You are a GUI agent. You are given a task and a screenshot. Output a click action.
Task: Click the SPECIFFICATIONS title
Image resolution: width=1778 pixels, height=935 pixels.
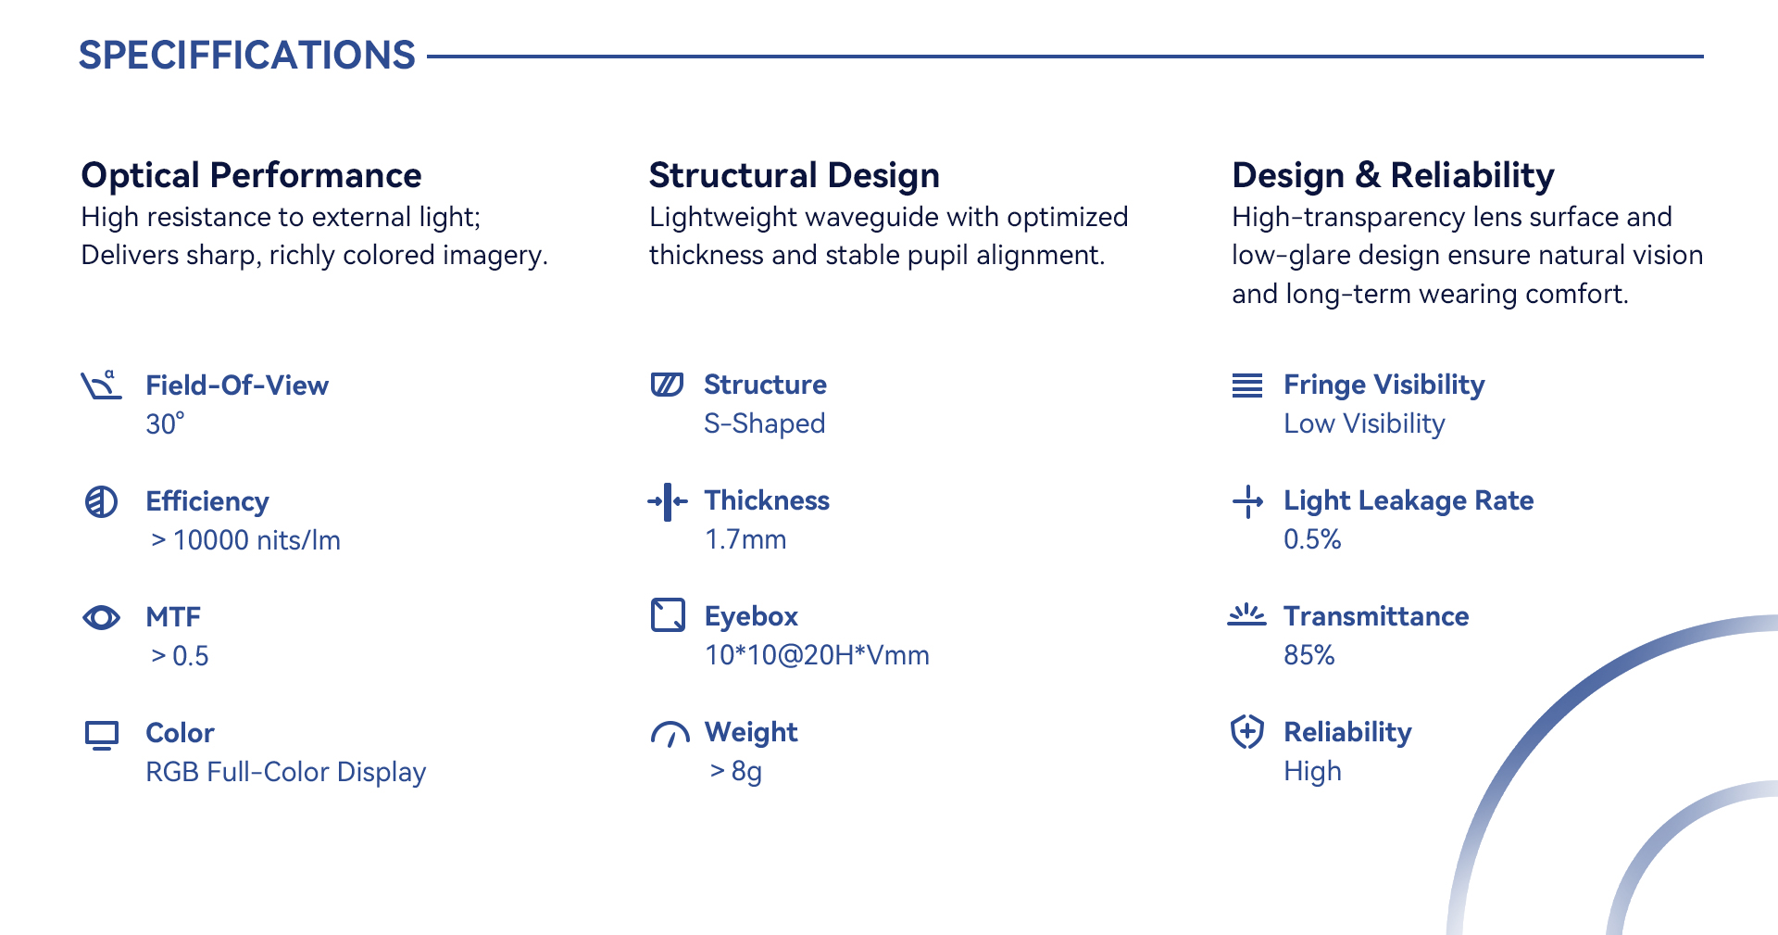point(247,56)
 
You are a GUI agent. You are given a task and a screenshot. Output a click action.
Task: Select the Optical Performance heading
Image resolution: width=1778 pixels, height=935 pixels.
point(251,175)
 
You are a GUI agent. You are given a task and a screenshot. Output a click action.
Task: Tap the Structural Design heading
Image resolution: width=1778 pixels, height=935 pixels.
point(795,175)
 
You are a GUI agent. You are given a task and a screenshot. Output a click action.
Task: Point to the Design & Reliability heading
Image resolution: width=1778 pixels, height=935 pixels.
point(1393,175)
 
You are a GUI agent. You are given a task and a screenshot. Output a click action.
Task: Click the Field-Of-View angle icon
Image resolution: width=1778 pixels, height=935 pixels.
point(101,385)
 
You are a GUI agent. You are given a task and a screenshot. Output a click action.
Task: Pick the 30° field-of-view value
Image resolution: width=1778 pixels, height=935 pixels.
point(165,423)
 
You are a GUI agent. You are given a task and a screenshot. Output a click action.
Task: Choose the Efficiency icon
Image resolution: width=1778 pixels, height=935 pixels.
point(101,501)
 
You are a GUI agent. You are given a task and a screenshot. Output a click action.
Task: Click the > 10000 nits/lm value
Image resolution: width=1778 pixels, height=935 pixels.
point(245,540)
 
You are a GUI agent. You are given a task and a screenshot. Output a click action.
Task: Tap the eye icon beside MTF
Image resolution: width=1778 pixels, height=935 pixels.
point(101,617)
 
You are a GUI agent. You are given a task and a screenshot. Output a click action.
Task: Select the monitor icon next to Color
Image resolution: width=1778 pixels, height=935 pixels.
point(102,735)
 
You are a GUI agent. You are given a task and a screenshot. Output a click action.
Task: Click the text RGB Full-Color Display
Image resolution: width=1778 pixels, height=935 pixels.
point(285,772)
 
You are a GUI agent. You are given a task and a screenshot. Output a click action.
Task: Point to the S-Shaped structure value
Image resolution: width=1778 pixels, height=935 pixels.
point(764,423)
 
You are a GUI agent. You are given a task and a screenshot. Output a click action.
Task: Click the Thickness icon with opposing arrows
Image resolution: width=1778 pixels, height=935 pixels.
point(668,501)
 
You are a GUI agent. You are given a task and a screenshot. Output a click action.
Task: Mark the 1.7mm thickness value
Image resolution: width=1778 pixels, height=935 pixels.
point(745,539)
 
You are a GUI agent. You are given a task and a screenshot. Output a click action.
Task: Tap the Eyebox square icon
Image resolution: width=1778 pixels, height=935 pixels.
point(668,614)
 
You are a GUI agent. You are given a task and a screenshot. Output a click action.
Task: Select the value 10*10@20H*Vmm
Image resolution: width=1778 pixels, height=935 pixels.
point(817,655)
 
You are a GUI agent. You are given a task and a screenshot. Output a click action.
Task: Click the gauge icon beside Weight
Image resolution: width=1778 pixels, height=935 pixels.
point(670,734)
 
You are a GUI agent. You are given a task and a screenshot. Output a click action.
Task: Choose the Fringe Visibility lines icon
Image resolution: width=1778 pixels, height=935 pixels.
point(1247,385)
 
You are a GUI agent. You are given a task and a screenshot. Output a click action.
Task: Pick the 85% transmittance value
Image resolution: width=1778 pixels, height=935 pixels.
point(1308,655)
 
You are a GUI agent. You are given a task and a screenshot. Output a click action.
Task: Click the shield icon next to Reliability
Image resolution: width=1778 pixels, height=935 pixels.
point(1247,732)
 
